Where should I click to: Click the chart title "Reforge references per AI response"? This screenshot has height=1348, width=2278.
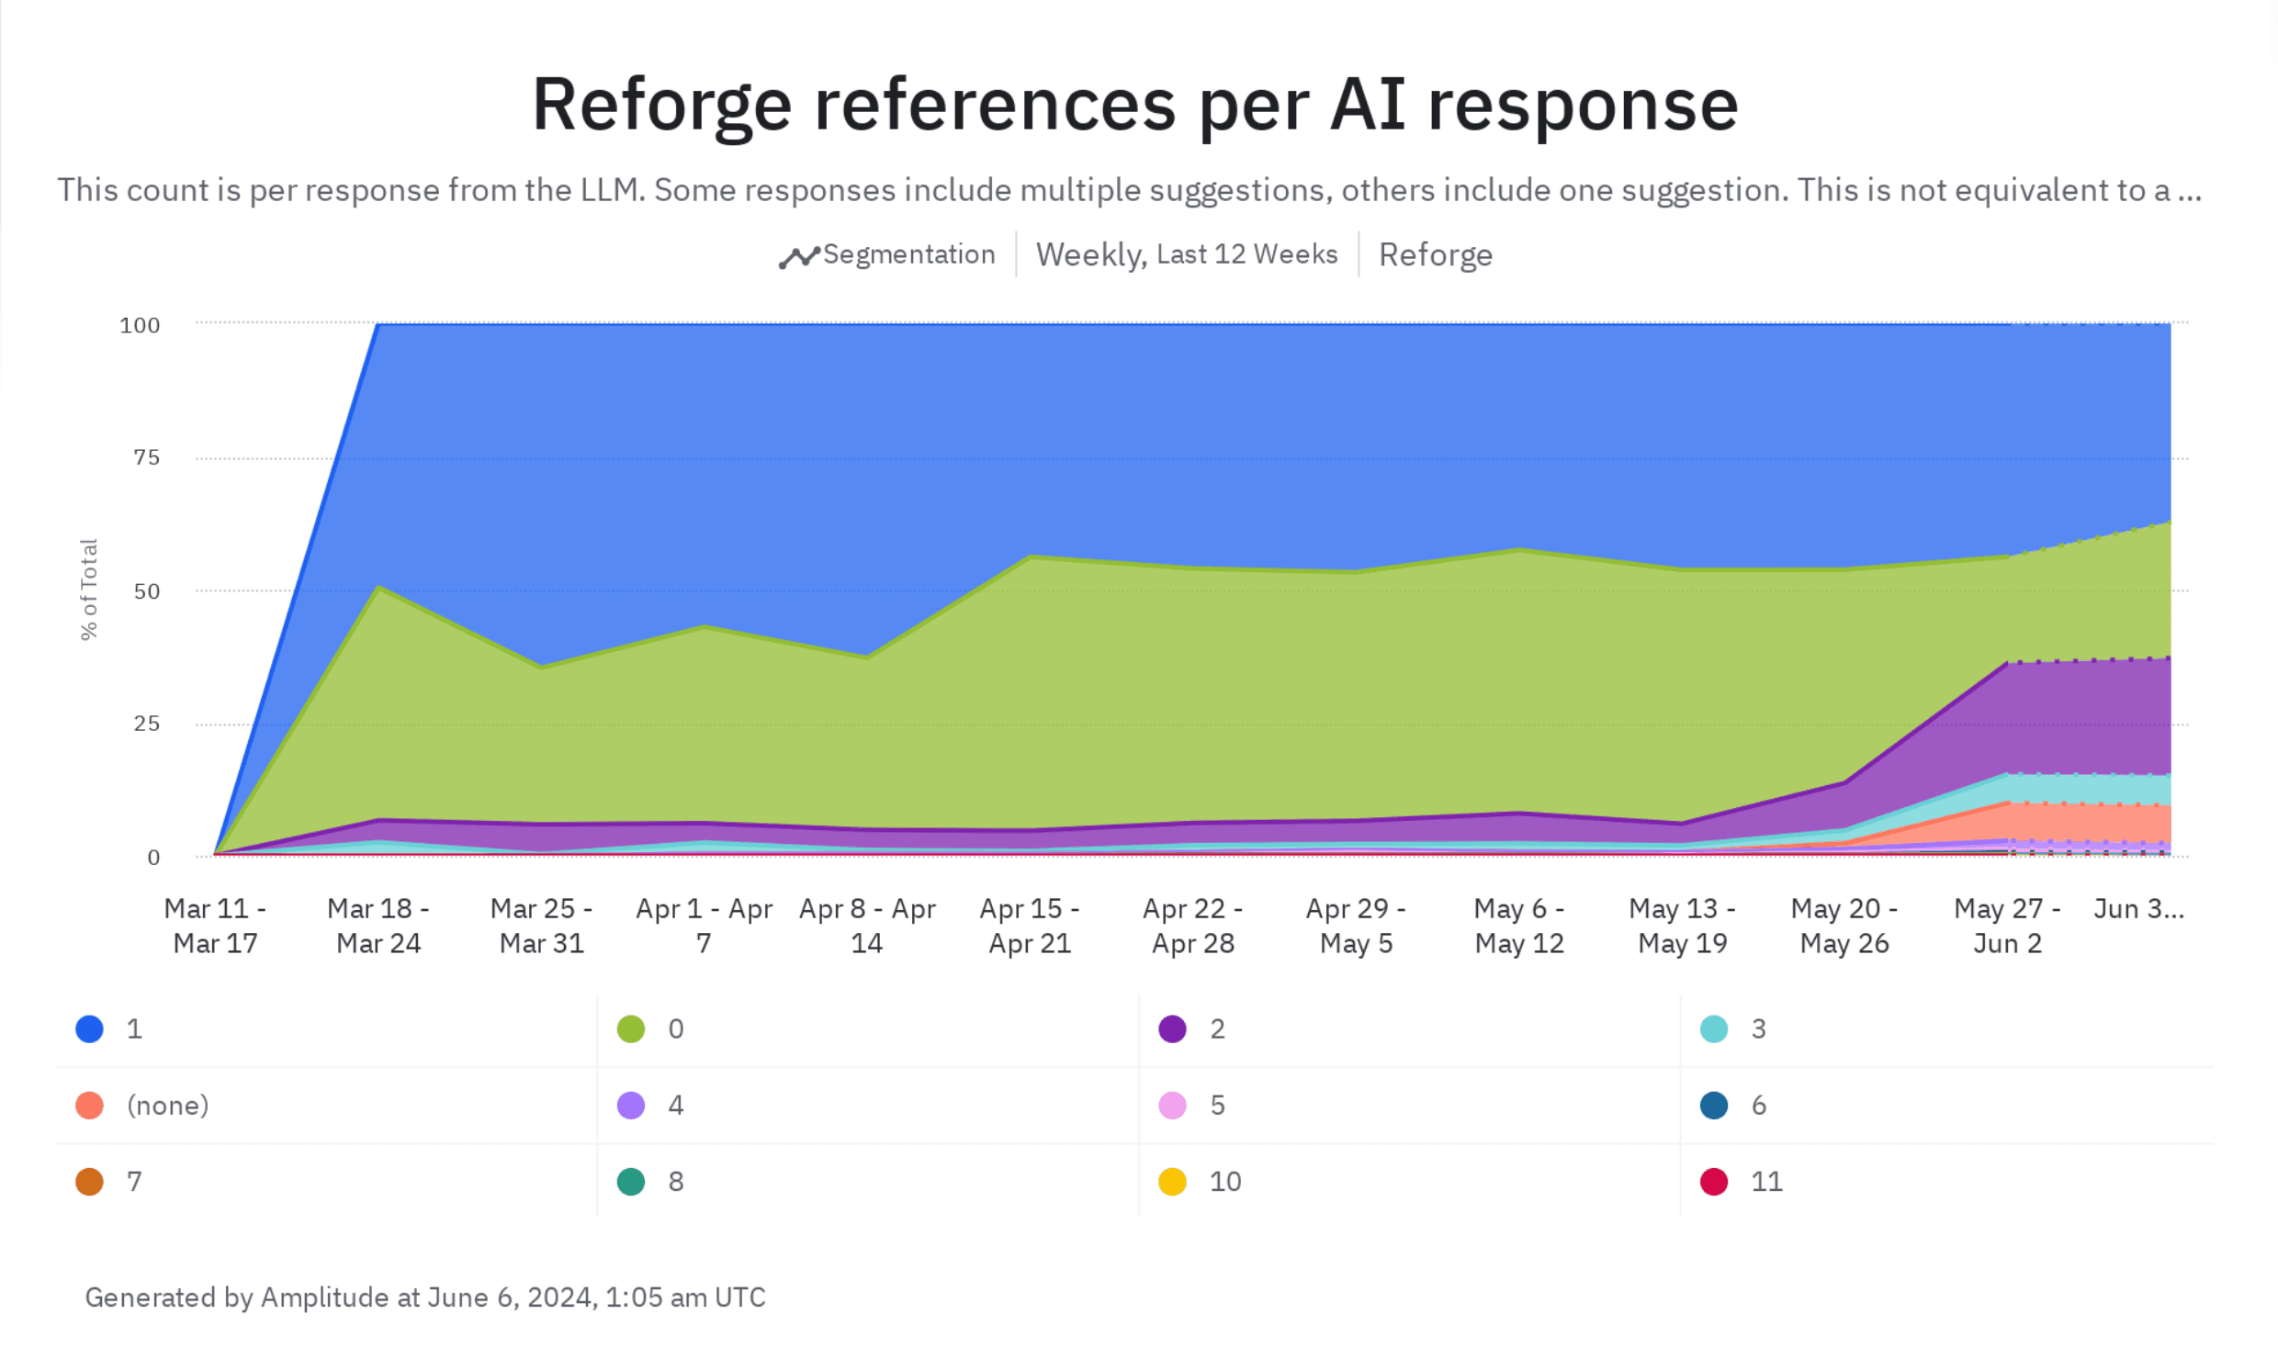coord(1134,104)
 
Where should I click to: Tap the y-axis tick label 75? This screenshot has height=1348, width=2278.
coord(146,457)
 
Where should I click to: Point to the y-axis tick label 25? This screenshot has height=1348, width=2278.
coord(146,724)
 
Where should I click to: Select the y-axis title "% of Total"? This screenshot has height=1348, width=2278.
coord(88,590)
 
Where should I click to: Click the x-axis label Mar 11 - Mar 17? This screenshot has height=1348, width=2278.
coord(215,926)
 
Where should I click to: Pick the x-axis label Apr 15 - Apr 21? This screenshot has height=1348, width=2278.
coord(1030,926)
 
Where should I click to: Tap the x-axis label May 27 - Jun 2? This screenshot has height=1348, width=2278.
coord(2007,926)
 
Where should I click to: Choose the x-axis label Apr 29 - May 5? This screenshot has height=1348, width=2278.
coord(1356,926)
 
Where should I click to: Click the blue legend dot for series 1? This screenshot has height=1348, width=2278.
coord(89,1028)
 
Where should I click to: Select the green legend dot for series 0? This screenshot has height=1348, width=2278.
coord(631,1028)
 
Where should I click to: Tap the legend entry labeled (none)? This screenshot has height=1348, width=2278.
coord(167,1105)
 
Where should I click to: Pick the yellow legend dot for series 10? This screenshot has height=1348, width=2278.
coord(1172,1181)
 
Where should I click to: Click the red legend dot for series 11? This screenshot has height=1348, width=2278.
coord(1714,1181)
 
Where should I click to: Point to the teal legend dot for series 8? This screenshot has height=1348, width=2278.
coord(631,1181)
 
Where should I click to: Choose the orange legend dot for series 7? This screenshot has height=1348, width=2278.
coord(89,1181)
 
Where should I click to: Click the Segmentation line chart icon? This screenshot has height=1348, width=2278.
coord(798,257)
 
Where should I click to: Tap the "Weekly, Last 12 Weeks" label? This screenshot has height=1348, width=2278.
coord(1186,254)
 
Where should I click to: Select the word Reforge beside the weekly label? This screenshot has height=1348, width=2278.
coord(1435,254)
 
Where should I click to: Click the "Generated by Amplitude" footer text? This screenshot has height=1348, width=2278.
coord(424,1297)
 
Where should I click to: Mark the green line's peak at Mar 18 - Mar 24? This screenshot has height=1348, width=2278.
coord(378,587)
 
